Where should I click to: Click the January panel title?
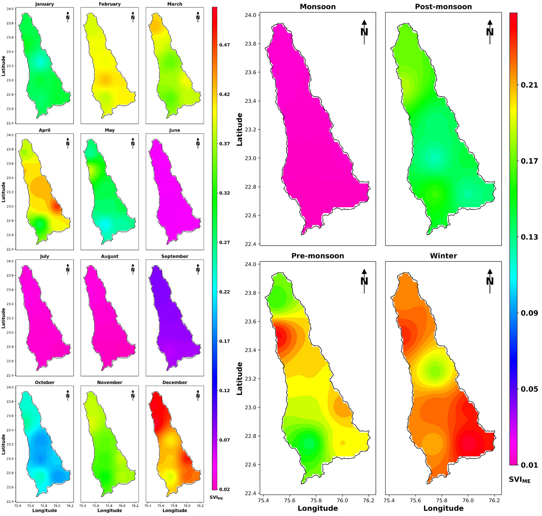click(x=45, y=4)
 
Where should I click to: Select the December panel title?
click(x=175, y=383)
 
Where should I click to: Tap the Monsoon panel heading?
click(x=318, y=7)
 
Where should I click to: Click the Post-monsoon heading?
click(x=443, y=7)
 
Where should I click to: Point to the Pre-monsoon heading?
click(x=318, y=256)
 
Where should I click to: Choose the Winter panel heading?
click(x=443, y=256)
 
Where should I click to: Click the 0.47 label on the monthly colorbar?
click(x=224, y=45)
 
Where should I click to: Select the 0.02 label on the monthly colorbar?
click(x=224, y=489)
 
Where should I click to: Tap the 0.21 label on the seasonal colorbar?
click(x=529, y=85)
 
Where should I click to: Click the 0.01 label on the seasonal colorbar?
click(x=529, y=465)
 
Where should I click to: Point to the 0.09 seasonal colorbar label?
click(x=529, y=313)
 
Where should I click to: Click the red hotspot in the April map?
click(x=57, y=206)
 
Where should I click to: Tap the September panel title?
click(x=175, y=256)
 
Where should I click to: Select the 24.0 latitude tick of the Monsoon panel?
click(x=250, y=15)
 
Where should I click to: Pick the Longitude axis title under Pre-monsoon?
click(x=318, y=508)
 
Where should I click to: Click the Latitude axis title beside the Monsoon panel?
click(x=239, y=129)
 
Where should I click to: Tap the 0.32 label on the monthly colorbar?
click(x=224, y=193)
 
